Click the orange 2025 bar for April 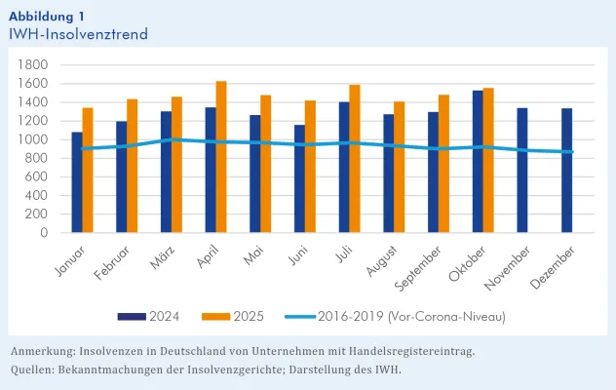221,157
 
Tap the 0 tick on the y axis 44,233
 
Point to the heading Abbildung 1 52,16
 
